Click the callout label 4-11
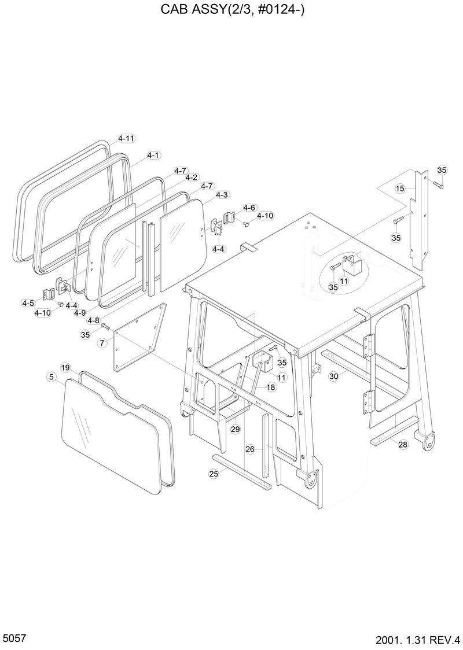point(126,139)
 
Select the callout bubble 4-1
point(153,156)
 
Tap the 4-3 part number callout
point(222,195)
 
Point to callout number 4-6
point(249,208)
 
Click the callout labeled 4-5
point(28,302)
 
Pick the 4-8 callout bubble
point(93,320)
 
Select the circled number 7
point(102,343)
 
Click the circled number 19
point(65,368)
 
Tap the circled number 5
point(52,377)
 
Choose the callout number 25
point(214,474)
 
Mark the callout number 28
point(403,444)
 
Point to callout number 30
point(333,376)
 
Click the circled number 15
point(400,189)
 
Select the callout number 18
point(271,386)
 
